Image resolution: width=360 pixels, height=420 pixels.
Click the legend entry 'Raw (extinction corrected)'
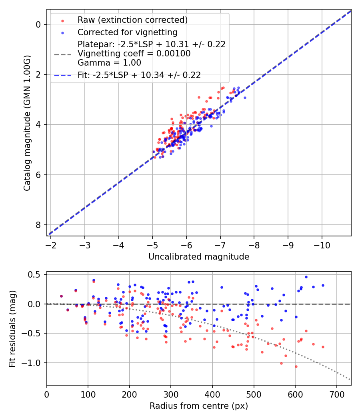point(132,20)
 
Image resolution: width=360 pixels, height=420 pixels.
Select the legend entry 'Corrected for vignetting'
point(127,32)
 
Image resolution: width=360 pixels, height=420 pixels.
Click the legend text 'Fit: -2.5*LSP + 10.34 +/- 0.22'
point(139,74)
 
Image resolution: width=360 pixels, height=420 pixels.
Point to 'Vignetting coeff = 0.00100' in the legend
point(134,53)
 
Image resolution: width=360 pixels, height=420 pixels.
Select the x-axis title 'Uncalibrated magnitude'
point(199,257)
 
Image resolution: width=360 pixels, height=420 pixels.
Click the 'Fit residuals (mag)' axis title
point(12,329)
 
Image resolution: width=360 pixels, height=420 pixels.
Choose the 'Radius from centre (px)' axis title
point(199,406)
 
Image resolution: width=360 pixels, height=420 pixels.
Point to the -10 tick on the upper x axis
point(322,244)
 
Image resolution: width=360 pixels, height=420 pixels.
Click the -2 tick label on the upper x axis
point(51,244)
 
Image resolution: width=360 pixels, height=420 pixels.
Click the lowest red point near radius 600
point(296,366)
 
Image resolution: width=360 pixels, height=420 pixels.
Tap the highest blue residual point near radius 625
point(306,277)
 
